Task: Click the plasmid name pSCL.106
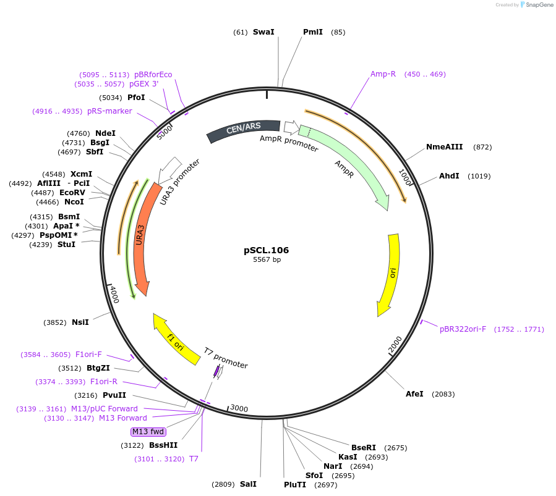tap(266, 250)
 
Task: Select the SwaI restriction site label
tap(263, 32)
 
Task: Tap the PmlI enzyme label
tap(312, 32)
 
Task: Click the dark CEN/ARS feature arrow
tap(243, 130)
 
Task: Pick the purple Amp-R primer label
tap(383, 74)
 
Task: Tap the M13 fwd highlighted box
tap(148, 432)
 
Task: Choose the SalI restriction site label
tap(248, 484)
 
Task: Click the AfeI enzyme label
tap(414, 394)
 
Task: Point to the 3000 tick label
tap(239, 408)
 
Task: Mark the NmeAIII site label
tap(444, 147)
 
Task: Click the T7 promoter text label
tap(226, 358)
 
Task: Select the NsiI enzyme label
tap(80, 322)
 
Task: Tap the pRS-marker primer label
tap(109, 111)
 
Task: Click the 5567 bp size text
tap(267, 260)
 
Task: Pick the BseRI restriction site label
tap(364, 447)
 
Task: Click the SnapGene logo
tap(537, 5)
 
